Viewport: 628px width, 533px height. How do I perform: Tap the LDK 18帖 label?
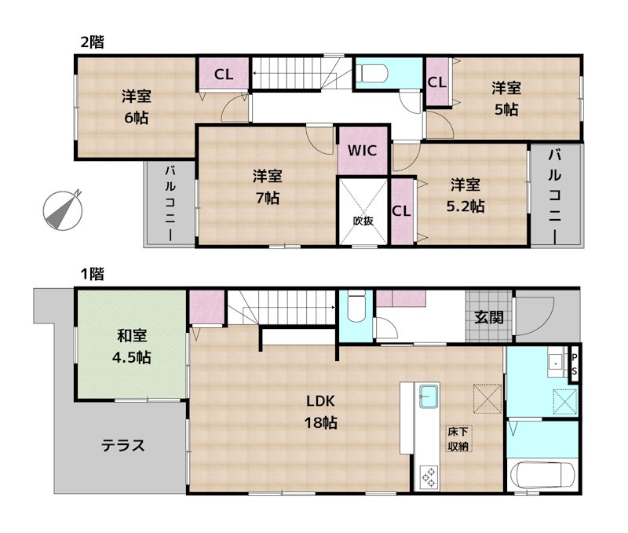pos(321,411)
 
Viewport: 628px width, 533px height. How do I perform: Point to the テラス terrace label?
pos(123,446)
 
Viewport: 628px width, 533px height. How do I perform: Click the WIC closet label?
pos(363,150)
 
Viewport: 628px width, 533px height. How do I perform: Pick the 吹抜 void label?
pos(363,221)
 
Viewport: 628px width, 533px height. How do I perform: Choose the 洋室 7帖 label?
pos(266,186)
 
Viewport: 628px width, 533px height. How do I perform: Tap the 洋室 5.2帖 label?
pos(466,195)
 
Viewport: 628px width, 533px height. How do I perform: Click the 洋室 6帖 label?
pos(135,108)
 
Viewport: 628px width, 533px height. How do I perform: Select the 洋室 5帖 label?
pos(506,99)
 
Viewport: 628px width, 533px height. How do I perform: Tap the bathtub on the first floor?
pos(542,474)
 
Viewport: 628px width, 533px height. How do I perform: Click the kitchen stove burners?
pos(430,475)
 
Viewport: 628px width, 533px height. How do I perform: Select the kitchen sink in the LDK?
pos(430,396)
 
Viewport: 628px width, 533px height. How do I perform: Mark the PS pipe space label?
pos(575,364)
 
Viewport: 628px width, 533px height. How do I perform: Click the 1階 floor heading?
pos(93,274)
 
